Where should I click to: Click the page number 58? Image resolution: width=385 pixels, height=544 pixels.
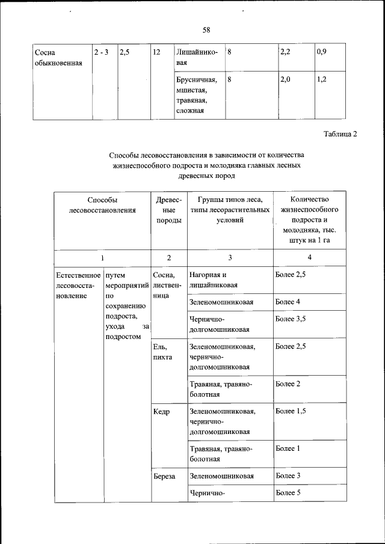(x=206, y=29)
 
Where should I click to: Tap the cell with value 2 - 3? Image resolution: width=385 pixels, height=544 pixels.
(x=101, y=52)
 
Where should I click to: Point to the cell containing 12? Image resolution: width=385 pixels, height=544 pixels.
(x=156, y=52)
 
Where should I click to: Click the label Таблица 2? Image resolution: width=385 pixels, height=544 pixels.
(x=340, y=134)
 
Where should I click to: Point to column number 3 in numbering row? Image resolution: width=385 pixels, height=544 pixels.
(x=230, y=258)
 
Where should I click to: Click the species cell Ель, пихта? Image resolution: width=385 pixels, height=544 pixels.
(x=163, y=352)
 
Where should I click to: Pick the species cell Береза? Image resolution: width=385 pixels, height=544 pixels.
(x=164, y=475)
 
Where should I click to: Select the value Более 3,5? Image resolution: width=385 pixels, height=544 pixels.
(x=291, y=319)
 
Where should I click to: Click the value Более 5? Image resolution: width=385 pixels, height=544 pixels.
(x=288, y=494)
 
